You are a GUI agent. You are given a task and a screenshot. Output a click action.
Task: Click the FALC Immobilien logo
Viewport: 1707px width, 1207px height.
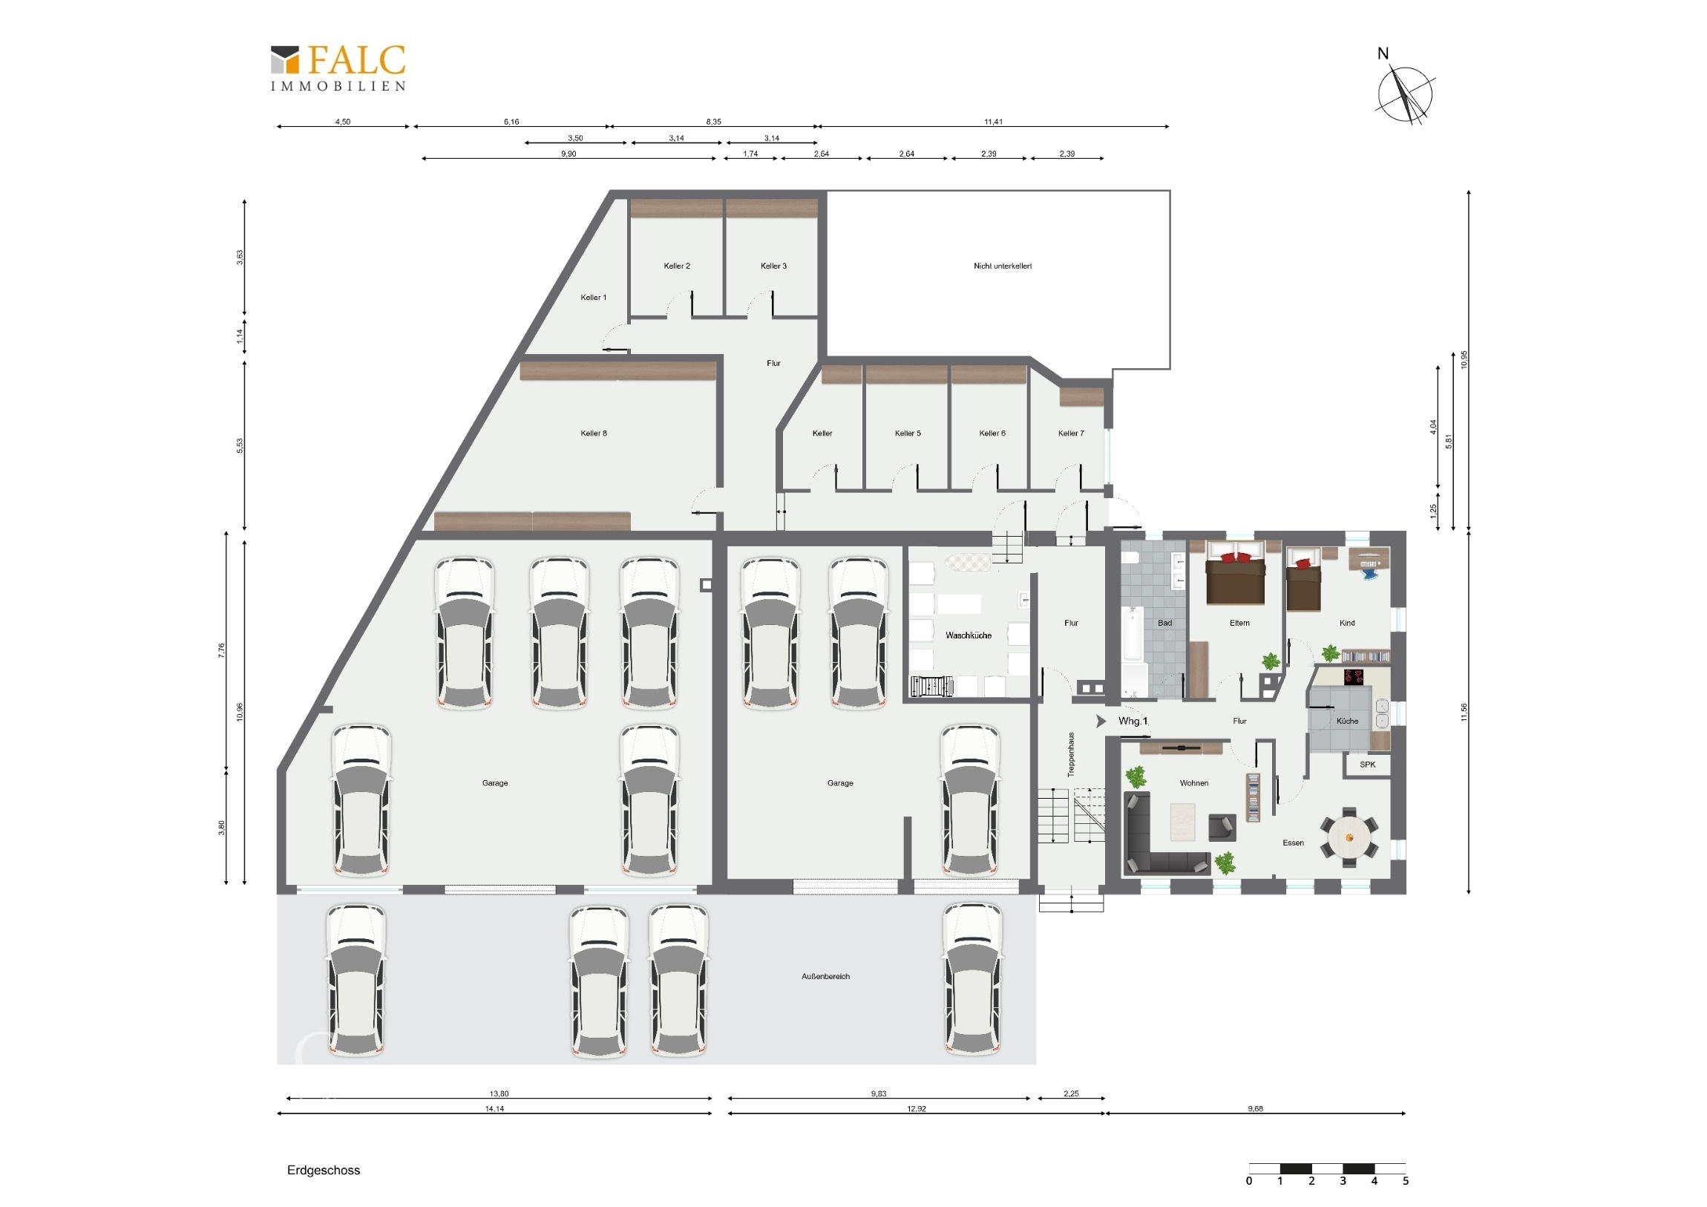[x=338, y=68]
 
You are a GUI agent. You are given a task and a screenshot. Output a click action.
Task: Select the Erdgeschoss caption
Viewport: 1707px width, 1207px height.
[x=324, y=1170]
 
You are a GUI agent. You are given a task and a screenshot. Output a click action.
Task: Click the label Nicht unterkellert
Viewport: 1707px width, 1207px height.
[x=1002, y=266]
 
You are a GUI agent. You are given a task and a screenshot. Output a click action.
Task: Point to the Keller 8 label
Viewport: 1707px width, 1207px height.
[x=593, y=433]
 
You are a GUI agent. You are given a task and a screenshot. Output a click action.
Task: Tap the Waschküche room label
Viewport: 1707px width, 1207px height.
[x=968, y=635]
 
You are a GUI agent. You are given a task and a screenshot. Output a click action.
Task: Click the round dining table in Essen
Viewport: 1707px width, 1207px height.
[x=1349, y=837]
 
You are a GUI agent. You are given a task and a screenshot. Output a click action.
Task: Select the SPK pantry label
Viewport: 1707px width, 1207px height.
[x=1367, y=765]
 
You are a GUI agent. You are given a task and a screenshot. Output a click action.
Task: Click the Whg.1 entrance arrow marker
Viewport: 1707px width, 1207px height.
[x=1101, y=722]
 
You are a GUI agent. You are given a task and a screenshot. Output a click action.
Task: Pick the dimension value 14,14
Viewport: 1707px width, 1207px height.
[x=494, y=1108]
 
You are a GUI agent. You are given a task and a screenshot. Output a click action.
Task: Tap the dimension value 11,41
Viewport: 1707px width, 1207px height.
[x=993, y=122]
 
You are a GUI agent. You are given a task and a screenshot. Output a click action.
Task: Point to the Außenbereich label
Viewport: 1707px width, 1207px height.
[x=825, y=976]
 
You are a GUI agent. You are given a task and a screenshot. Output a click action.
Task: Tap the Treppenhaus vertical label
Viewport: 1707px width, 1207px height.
[x=1072, y=755]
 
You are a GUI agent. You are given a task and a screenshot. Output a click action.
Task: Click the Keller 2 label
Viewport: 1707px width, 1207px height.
[x=677, y=266]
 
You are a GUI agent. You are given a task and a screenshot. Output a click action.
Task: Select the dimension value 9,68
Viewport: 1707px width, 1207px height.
[x=1255, y=1108]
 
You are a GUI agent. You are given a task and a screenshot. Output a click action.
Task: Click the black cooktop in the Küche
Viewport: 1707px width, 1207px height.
[x=1354, y=677]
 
